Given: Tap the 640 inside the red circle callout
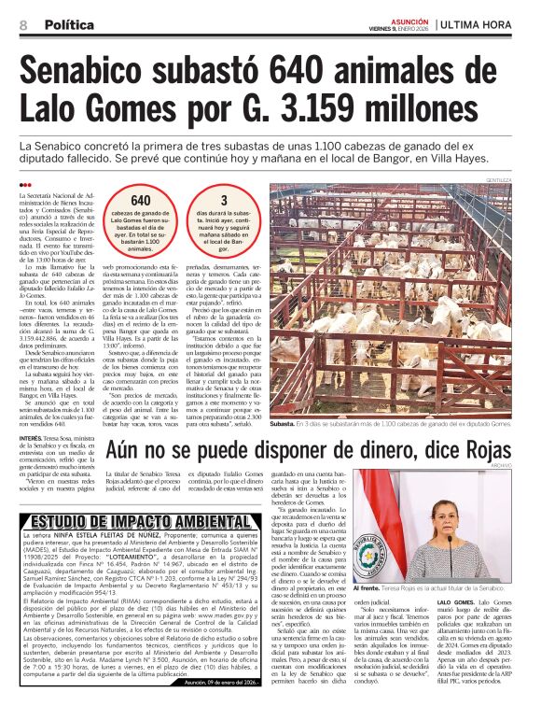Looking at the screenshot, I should pyautogui.click(x=141, y=201).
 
